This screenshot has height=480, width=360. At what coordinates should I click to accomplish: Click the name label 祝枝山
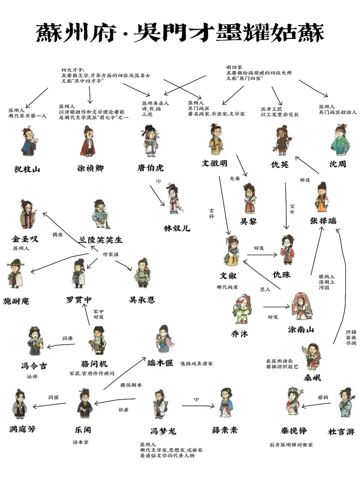coord(27,169)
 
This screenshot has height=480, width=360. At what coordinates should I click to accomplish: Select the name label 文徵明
coord(214,163)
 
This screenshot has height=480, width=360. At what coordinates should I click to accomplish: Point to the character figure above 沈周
coord(340,140)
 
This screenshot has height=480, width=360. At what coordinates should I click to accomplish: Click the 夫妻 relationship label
coord(235,179)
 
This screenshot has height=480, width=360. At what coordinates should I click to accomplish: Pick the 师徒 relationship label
coord(305,180)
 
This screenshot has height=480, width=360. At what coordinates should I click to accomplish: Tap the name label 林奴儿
coord(177,228)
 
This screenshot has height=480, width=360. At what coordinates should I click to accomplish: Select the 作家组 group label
coord(110,254)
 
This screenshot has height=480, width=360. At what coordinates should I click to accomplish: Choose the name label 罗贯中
coord(79,300)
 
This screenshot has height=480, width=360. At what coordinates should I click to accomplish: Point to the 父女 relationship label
coord(292,209)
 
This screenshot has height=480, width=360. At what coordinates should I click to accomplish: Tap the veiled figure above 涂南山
coord(301,306)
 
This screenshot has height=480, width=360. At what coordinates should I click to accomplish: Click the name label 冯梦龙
coord(163,431)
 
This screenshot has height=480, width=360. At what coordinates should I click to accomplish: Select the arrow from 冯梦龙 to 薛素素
coord(198,406)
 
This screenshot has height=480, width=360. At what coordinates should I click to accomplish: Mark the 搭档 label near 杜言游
coord(323,397)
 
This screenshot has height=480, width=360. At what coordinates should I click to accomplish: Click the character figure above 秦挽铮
coord(294,402)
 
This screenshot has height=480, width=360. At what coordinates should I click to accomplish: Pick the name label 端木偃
coord(160,363)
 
